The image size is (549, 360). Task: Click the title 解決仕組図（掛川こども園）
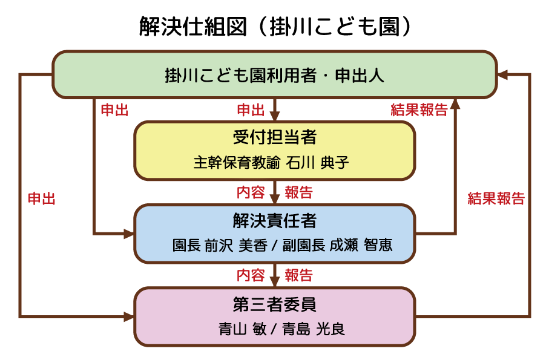click(x=274, y=27)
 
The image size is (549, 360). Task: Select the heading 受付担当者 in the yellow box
click(x=274, y=137)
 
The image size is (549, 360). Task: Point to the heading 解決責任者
click(x=274, y=220)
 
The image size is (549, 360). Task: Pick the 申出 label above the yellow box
click(x=251, y=110)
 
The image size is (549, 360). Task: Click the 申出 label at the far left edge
click(x=42, y=199)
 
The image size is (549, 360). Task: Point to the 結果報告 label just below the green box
click(x=419, y=110)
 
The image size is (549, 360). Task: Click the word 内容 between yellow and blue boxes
click(x=251, y=193)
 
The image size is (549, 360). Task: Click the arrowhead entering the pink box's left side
click(x=129, y=316)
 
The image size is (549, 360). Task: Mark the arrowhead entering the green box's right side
click(x=502, y=74)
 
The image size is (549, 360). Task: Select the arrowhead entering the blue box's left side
click(x=129, y=233)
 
